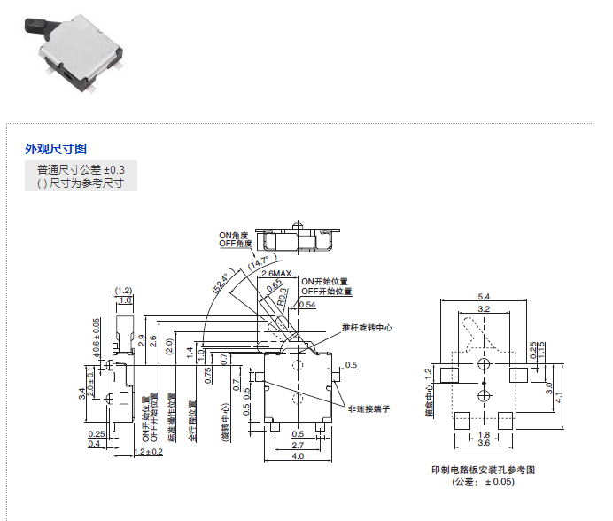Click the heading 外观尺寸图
[56, 149]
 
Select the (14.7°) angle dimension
[259, 261]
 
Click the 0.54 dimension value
[307, 304]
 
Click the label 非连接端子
[369, 408]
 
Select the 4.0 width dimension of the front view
[299, 456]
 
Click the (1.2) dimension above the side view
[123, 290]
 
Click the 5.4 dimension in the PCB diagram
[484, 296]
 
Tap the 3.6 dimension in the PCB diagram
[485, 443]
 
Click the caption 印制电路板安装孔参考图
[484, 470]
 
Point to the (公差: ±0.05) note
[483, 482]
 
